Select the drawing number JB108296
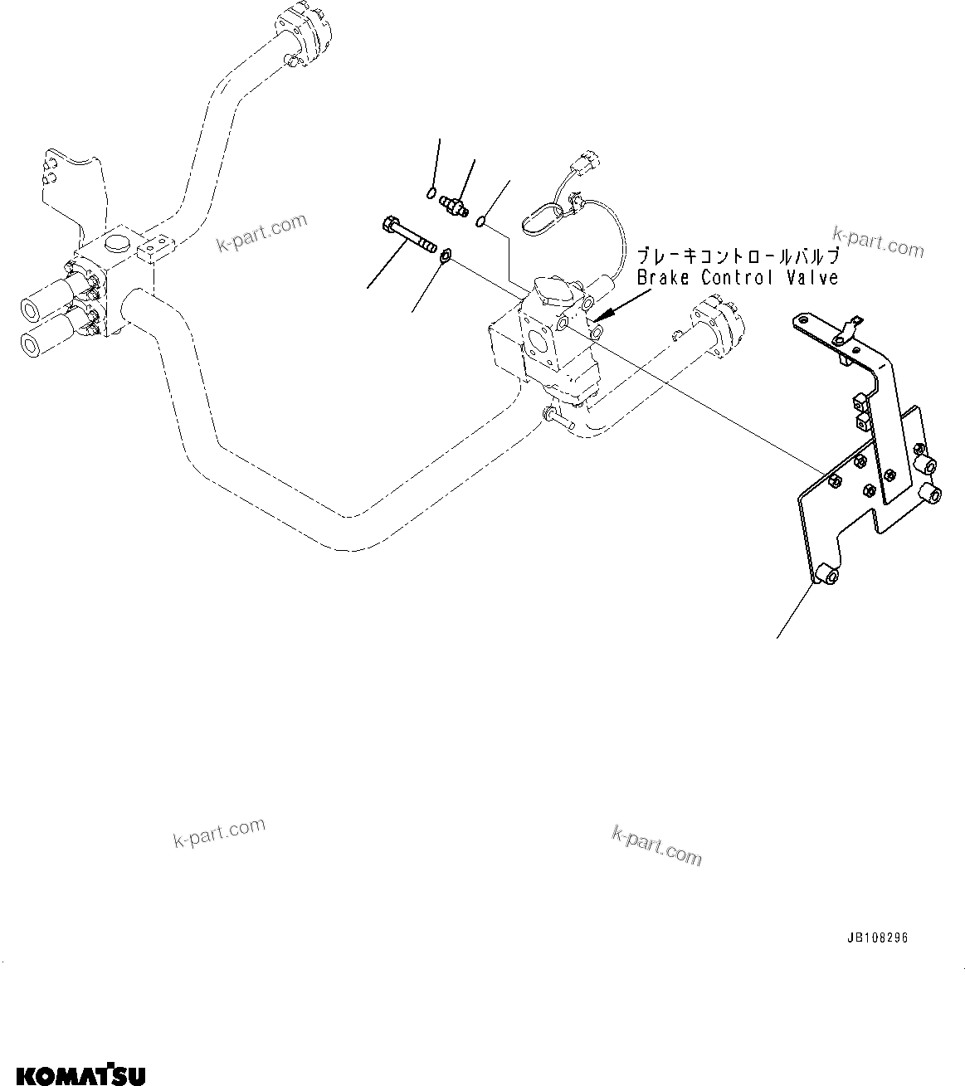[878, 938]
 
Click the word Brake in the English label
[664, 278]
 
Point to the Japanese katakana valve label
[738, 256]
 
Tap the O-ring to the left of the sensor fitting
[430, 194]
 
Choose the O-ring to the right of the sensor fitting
[482, 220]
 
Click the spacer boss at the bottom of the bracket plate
[826, 574]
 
